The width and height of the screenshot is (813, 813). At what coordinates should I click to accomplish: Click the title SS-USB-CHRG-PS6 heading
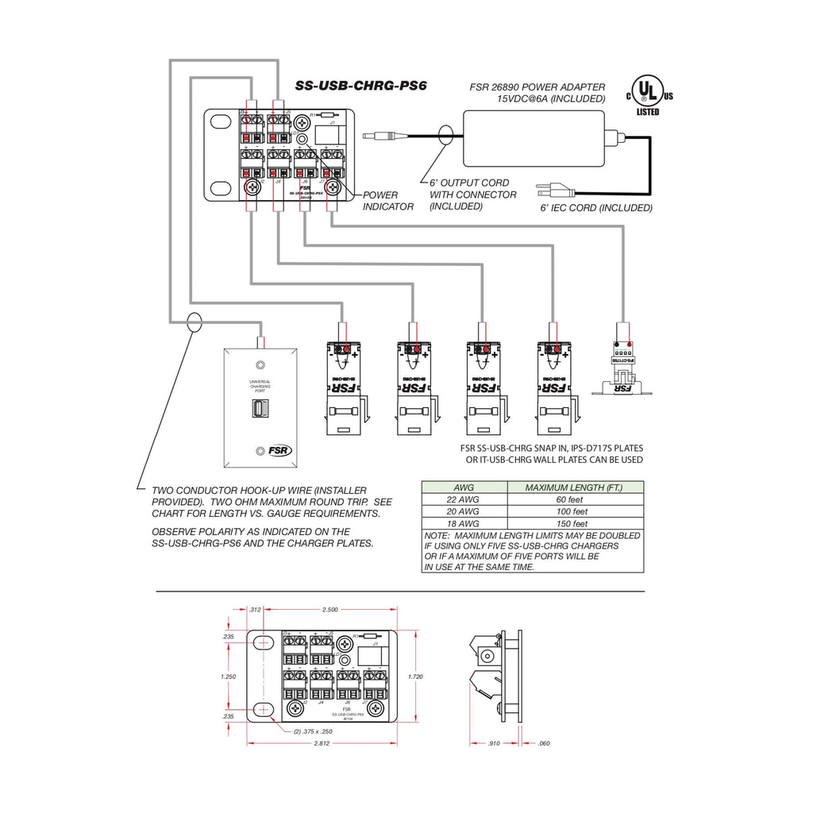coord(361,86)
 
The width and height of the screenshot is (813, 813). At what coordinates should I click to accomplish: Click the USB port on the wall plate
coord(257,409)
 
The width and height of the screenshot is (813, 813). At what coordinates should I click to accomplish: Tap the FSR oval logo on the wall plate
coord(279,450)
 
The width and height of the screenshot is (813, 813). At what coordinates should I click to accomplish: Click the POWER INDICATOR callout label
coord(388,200)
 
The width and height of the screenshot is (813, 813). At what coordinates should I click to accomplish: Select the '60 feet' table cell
coord(568,499)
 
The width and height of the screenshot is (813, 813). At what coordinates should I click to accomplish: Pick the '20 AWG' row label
coord(464,512)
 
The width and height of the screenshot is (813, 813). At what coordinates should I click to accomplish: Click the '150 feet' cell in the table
coord(568,524)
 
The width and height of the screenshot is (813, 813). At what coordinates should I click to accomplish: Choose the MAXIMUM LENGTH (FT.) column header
coord(573,487)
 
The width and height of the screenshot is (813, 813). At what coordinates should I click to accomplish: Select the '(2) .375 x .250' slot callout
coord(312,731)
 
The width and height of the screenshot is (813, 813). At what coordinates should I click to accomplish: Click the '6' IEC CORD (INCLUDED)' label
coord(596,208)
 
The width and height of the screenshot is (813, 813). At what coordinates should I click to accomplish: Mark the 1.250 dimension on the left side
coord(228,676)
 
